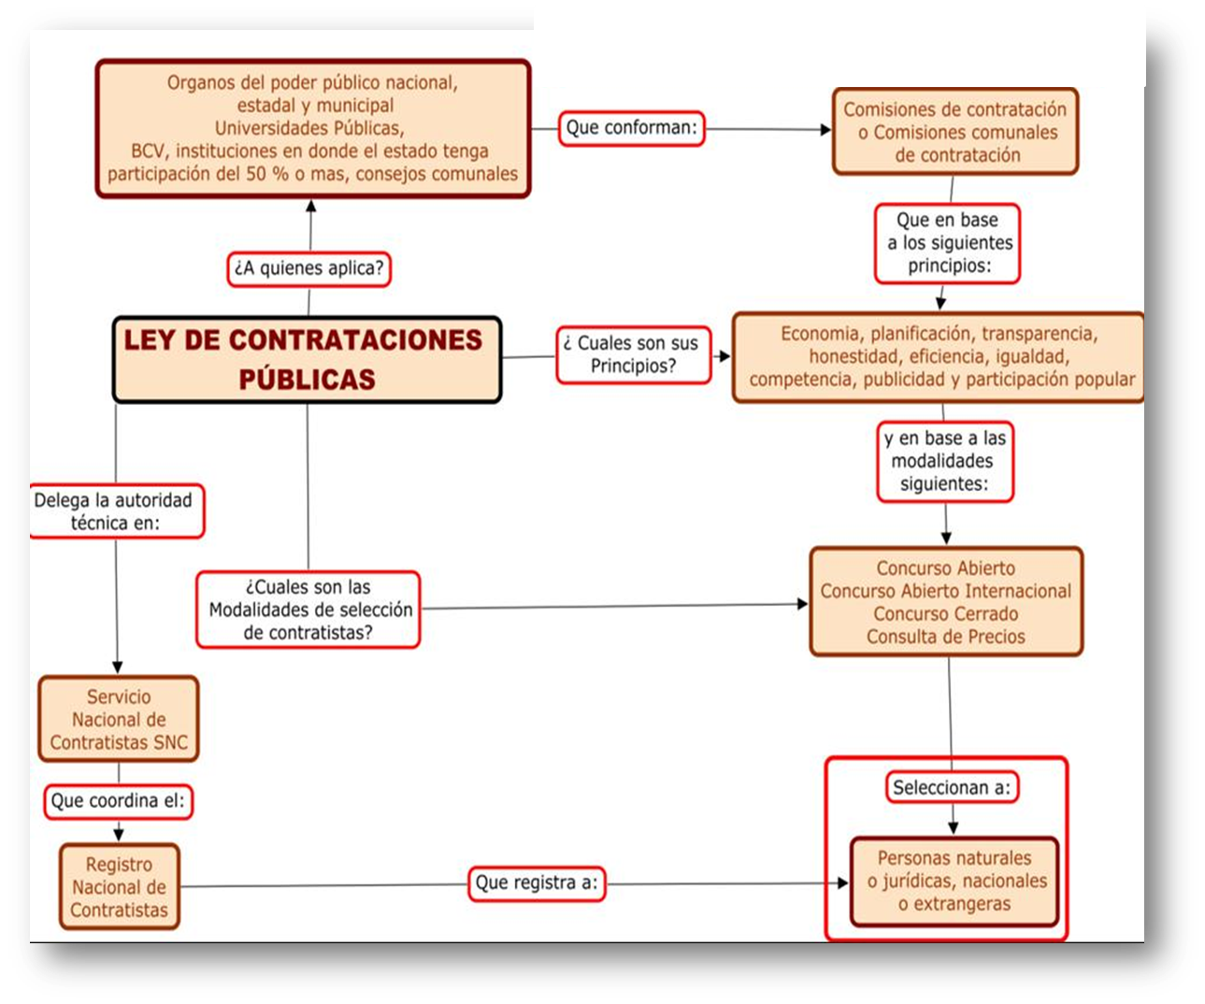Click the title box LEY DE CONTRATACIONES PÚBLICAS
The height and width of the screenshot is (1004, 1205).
click(307, 360)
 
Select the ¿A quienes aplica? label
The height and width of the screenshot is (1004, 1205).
click(308, 268)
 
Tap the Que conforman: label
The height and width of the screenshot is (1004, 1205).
click(632, 127)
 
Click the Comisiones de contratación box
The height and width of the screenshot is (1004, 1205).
click(954, 132)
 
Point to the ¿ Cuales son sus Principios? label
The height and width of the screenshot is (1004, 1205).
click(633, 355)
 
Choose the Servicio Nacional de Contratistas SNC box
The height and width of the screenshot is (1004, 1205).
click(119, 720)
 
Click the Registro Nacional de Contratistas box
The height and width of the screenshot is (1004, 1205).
click(119, 887)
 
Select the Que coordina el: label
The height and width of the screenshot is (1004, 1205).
click(118, 801)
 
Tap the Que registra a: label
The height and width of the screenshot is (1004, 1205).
click(537, 882)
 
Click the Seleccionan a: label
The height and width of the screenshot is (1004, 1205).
click(952, 788)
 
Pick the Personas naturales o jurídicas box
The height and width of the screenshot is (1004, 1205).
click(954, 882)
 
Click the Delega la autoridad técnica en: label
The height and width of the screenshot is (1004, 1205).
click(115, 511)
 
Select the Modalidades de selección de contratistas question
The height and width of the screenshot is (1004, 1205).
click(308, 610)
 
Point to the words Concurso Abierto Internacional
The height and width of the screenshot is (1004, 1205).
click(945, 591)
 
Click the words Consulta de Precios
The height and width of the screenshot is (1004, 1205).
click(945, 637)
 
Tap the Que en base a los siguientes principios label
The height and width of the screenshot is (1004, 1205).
click(948, 243)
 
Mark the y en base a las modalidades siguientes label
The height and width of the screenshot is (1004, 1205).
click(944, 461)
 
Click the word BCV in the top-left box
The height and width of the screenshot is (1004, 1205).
click(147, 151)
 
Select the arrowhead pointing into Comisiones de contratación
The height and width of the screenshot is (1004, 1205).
click(825, 130)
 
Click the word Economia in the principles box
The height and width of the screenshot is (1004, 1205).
click(820, 334)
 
